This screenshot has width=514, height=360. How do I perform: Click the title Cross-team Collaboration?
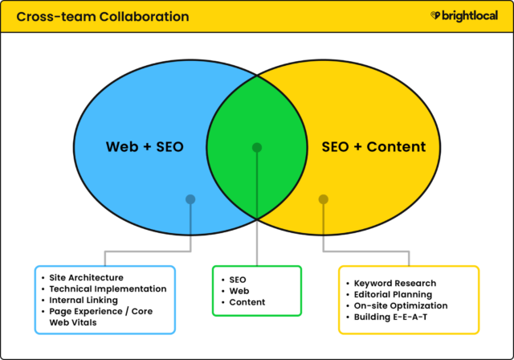102,16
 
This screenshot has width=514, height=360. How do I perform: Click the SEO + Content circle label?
373,147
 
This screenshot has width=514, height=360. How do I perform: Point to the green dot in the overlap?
257,147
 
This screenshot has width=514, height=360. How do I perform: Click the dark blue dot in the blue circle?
190,198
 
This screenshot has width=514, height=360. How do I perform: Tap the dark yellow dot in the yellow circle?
323,198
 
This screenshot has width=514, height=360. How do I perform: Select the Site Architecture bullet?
86,277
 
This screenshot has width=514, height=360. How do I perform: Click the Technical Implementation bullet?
108,288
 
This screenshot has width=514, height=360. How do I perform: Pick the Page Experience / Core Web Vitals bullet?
100,316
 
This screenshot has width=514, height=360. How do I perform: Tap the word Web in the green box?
240,290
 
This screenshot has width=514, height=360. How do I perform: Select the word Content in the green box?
247,302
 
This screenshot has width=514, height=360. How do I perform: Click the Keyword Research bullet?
394,283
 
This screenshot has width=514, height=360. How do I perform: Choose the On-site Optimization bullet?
400,305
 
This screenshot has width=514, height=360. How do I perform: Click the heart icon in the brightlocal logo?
434,15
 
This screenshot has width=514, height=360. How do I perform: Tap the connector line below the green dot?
257,209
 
